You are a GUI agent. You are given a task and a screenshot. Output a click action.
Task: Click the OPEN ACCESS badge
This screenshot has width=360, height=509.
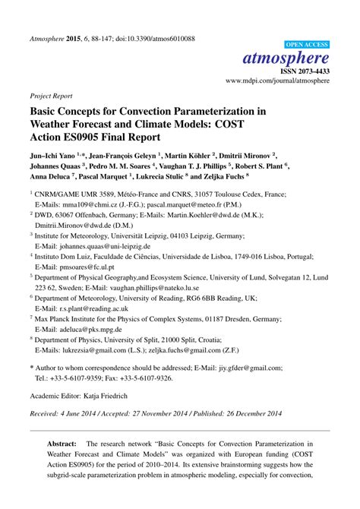click(305, 46)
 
